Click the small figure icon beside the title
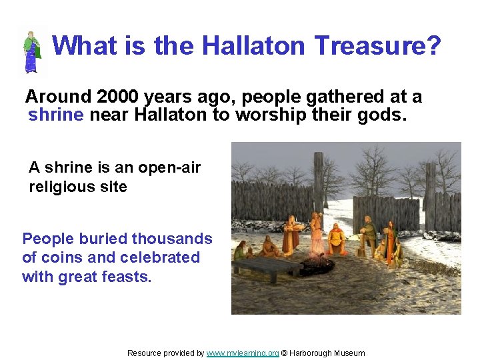click(x=31, y=51)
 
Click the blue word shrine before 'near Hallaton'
click(x=56, y=115)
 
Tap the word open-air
click(x=171, y=168)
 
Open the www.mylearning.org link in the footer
click(x=242, y=353)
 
